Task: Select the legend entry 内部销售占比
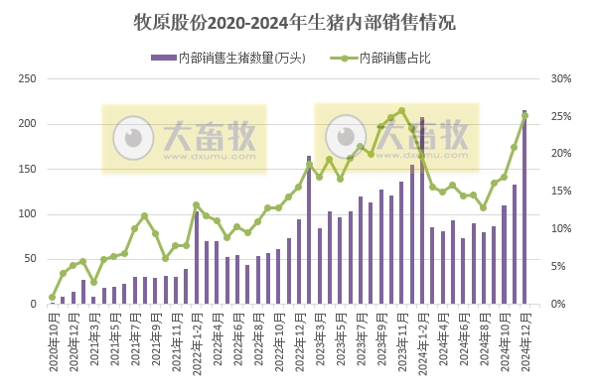pyautogui.click(x=397, y=58)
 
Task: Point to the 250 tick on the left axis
pyautogui.click(x=29, y=78)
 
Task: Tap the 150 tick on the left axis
pyautogui.click(x=29, y=169)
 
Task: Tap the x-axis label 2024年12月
pyautogui.click(x=525, y=342)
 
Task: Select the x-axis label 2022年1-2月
pyautogui.click(x=197, y=342)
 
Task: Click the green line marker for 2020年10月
pyautogui.click(x=52, y=297)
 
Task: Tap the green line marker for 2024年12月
pyautogui.click(x=524, y=116)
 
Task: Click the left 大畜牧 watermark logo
pyautogui.click(x=185, y=138)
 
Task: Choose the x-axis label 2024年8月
pyautogui.click(x=484, y=342)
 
